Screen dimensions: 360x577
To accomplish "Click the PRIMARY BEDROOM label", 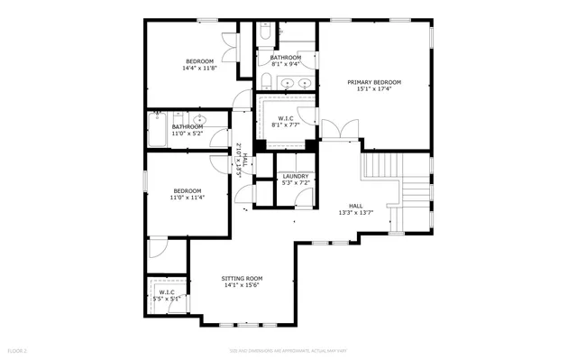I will pos(374,82).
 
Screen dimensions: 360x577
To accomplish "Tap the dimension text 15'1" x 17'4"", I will pos(374,89).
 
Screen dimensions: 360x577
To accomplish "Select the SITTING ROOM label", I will pos(242,278).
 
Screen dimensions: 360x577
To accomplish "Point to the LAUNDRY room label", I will pos(295,176).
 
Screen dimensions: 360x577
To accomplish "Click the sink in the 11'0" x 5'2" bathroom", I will pos(199,119).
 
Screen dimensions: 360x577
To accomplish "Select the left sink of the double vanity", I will pos(288,82).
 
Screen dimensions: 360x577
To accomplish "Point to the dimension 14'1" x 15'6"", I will pos(242,285).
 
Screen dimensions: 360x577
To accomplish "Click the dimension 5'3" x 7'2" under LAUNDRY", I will pos(295,183).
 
